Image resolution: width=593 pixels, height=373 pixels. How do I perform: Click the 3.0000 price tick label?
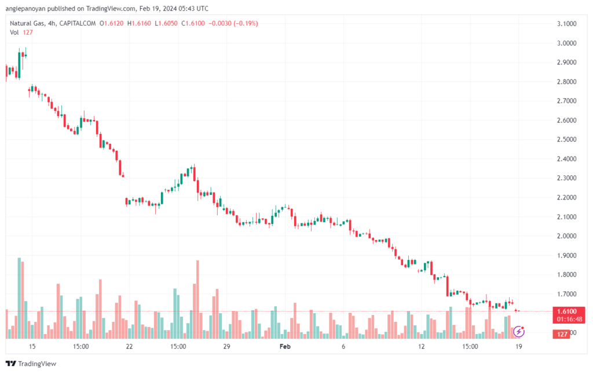pyautogui.click(x=565, y=43)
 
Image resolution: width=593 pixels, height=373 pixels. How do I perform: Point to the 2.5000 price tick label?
pyautogui.click(x=565, y=139)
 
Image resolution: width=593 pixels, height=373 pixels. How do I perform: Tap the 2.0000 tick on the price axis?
pyautogui.click(x=565, y=236)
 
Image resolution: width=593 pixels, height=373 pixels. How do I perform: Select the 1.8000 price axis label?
pyautogui.click(x=565, y=274)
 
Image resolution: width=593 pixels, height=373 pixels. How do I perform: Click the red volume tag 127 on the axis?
pyautogui.click(x=562, y=334)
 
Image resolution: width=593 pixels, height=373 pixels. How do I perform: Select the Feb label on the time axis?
pyautogui.click(x=284, y=346)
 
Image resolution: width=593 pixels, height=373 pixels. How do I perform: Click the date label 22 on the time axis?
pyautogui.click(x=129, y=346)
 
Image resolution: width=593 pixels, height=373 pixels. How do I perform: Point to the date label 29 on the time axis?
pyautogui.click(x=226, y=346)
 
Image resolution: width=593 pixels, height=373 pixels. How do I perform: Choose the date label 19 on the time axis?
pyautogui.click(x=519, y=346)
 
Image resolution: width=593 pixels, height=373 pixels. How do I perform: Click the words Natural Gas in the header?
pyautogui.click(x=27, y=23)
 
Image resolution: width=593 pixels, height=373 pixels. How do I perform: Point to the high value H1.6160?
pyautogui.click(x=139, y=23)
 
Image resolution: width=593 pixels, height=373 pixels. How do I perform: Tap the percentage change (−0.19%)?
pyautogui.click(x=244, y=23)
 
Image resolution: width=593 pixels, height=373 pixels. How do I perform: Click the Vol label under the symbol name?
pyautogui.click(x=15, y=32)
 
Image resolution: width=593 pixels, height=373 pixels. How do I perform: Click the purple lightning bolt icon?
pyautogui.click(x=519, y=332)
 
